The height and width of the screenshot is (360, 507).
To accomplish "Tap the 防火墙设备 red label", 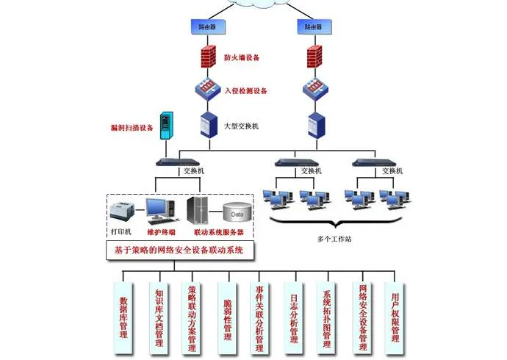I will pos(242,57).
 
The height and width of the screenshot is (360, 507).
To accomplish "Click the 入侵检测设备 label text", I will pos(246,91).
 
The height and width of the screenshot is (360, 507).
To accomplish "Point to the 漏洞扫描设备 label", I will pos(133,128).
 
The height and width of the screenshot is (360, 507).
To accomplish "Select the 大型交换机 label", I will pos(241,126).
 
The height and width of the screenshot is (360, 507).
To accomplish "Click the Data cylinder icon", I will pos(236,214).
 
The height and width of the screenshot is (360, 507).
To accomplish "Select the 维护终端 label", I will pos(160,233).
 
